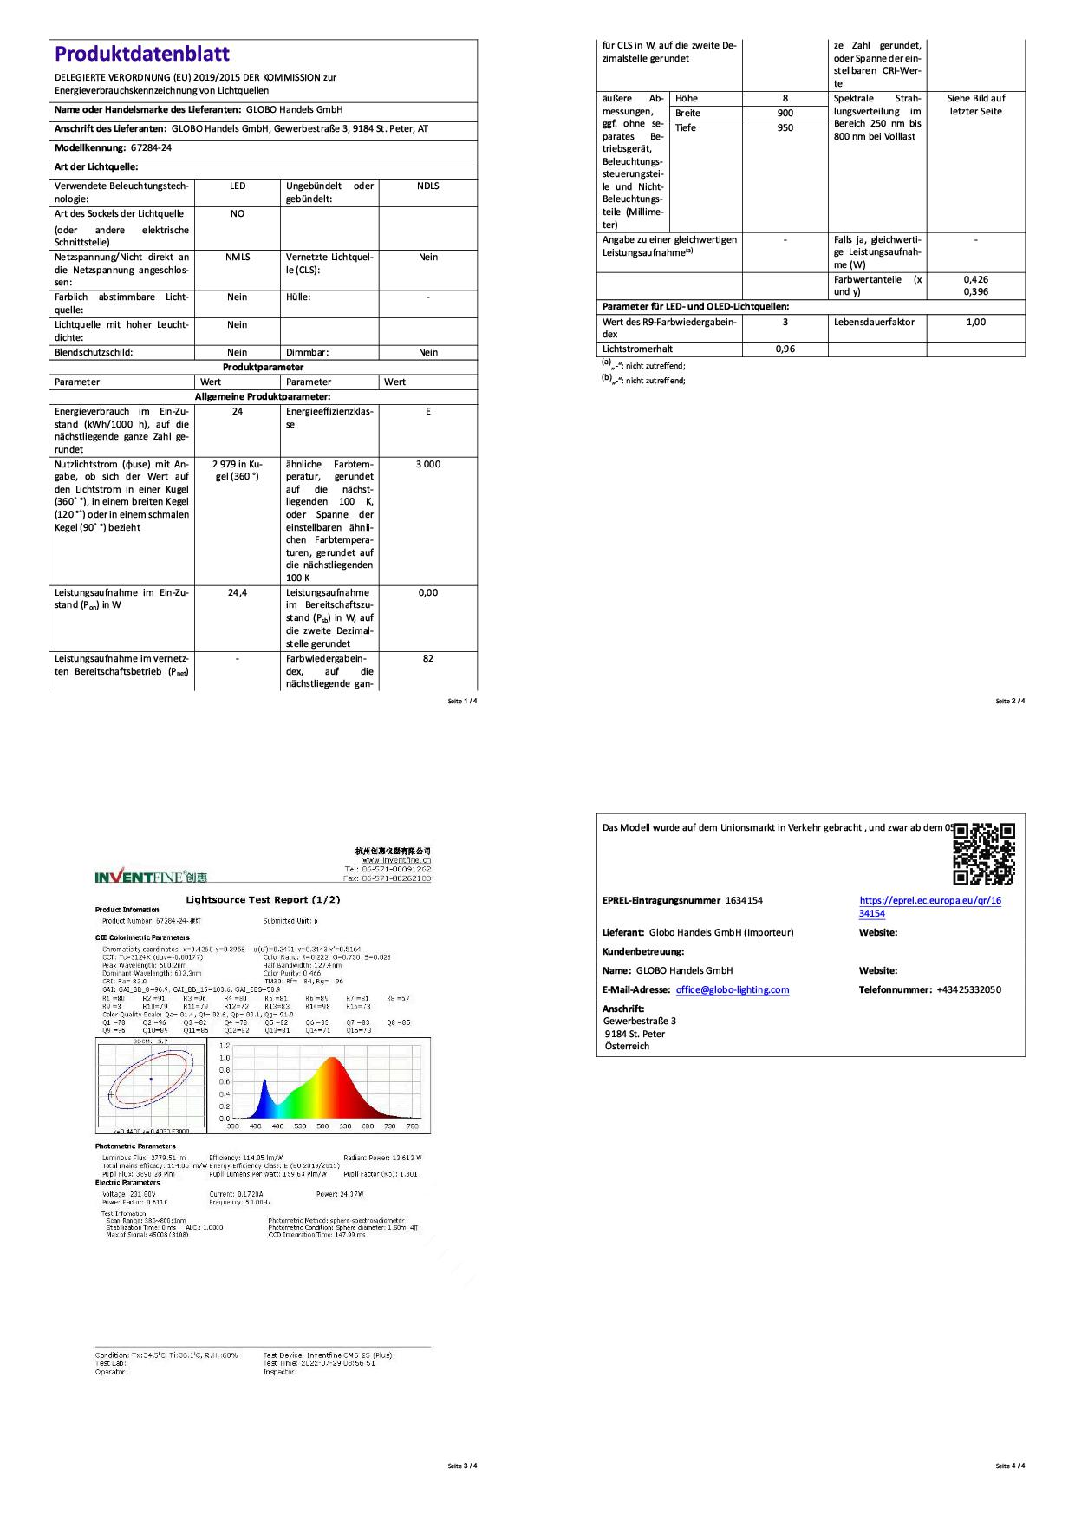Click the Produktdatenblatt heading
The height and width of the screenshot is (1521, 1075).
click(142, 54)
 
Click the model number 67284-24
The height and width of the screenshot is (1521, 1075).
click(151, 148)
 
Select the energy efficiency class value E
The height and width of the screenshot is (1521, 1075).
click(427, 412)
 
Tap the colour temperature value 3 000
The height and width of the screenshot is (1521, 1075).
click(427, 465)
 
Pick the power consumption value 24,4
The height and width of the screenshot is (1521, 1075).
click(237, 593)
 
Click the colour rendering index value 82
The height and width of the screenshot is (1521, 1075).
click(427, 659)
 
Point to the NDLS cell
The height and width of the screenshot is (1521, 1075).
click(427, 186)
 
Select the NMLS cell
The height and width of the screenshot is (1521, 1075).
click(237, 258)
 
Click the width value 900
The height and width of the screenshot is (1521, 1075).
click(785, 114)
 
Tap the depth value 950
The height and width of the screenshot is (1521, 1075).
click(785, 128)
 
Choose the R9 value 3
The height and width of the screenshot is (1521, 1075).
click(785, 323)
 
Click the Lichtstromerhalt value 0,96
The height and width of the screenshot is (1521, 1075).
click(785, 349)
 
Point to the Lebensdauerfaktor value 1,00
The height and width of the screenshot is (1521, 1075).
click(975, 323)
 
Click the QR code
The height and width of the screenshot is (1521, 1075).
click(984, 853)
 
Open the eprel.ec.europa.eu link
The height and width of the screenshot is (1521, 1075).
click(929, 907)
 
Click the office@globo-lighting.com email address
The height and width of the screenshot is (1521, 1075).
click(733, 990)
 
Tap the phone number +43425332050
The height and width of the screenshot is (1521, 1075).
click(968, 990)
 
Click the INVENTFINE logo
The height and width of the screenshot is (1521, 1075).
click(151, 877)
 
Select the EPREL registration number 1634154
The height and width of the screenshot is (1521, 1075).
click(744, 901)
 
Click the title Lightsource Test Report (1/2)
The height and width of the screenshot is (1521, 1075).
click(263, 900)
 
